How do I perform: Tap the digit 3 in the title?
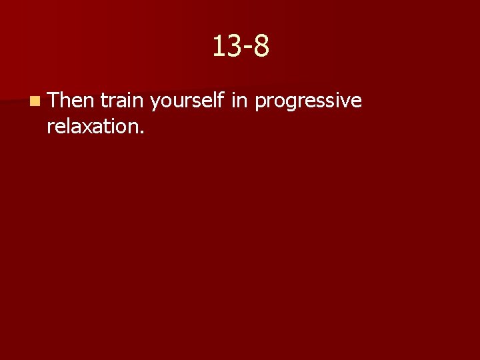click(233, 47)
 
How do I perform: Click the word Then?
click(72, 101)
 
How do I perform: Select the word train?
click(123, 101)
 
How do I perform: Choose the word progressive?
click(308, 102)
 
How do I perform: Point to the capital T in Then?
click(54, 101)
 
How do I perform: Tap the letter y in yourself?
click(155, 103)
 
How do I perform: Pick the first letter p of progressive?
click(260, 103)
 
